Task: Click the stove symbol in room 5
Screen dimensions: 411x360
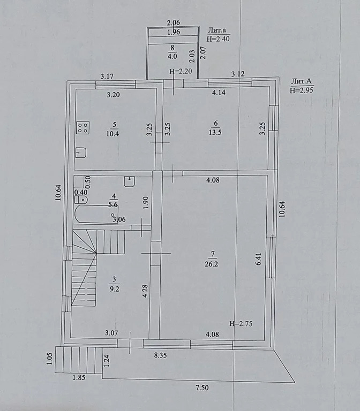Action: (x=83, y=127)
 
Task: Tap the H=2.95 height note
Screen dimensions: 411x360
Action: (x=301, y=90)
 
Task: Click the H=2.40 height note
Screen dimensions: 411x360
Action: (x=219, y=39)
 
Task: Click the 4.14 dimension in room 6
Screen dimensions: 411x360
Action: (x=219, y=93)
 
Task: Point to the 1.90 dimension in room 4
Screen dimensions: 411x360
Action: (x=145, y=202)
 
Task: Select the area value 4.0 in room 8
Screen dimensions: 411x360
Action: (x=172, y=56)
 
